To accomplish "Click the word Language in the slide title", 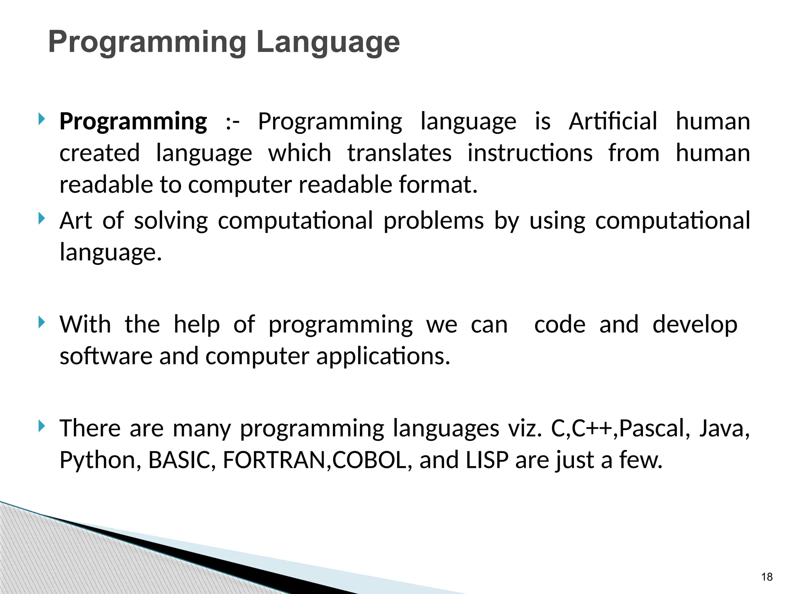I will coord(328,43).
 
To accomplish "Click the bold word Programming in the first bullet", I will coord(133,121).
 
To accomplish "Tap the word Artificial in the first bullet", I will coord(613,121).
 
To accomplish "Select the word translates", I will coord(399,153).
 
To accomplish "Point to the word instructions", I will coord(530,153).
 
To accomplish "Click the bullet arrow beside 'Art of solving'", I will coord(42,219).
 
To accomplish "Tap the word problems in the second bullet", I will coord(434,221).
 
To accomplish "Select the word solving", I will coord(171,221).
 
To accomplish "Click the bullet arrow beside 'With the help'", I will coord(42,323).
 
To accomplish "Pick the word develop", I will coord(695,324).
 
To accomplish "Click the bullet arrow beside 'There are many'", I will coord(42,427).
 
